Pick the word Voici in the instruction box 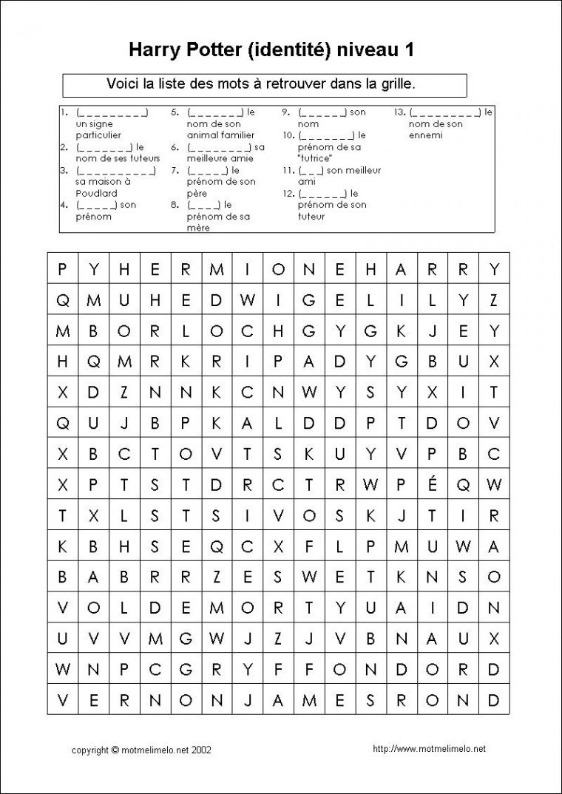coord(125,84)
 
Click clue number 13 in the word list coord(399,112)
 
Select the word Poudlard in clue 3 coord(92,193)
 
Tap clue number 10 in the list coord(288,135)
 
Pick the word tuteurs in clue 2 coord(132,158)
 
